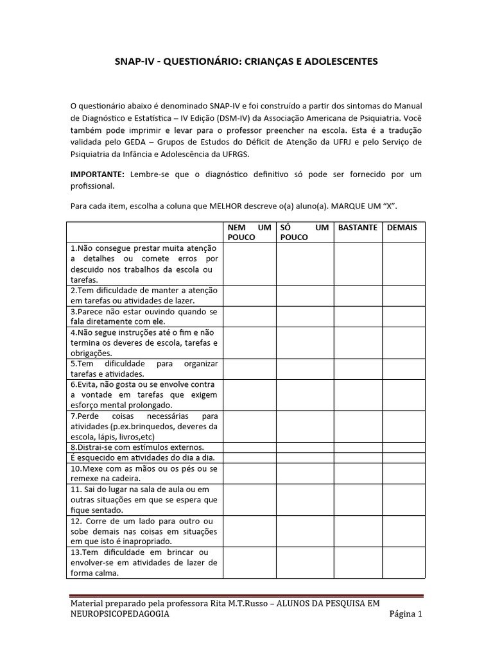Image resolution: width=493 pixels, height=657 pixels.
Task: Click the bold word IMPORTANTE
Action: click(98, 175)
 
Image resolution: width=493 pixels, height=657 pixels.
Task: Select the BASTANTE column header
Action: click(358, 228)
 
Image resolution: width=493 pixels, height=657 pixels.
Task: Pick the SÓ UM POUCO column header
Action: click(304, 232)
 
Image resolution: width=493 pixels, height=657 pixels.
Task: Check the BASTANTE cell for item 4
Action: click(358, 343)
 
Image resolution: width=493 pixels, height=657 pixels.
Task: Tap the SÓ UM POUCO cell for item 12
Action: click(304, 531)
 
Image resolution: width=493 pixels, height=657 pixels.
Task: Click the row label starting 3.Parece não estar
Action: click(144, 316)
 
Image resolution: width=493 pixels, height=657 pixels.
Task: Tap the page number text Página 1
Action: click(406, 614)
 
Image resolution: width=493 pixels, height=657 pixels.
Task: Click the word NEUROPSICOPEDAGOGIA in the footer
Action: click(120, 614)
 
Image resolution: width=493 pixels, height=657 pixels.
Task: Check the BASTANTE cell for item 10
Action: click(358, 473)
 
